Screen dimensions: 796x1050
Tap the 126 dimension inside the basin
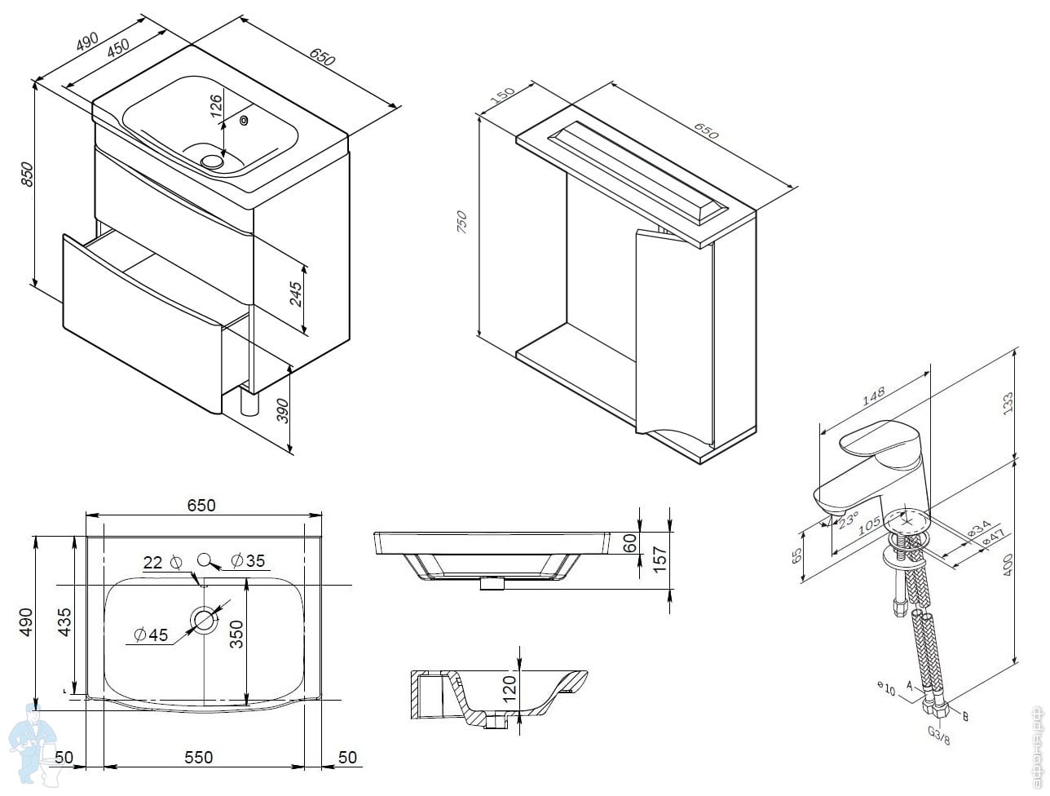215,107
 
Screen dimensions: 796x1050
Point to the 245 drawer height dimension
296,293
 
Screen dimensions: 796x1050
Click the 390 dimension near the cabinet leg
283,405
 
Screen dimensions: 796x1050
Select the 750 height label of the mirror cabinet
461,222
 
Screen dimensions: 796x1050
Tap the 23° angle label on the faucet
849,520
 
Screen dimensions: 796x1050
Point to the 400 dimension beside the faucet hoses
1008,563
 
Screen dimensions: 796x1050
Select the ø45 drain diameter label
150,635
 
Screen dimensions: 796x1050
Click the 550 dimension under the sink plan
198,758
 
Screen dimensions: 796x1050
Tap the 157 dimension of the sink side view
660,557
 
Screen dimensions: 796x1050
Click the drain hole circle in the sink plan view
204,621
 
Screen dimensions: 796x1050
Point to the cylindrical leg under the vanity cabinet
249,405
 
